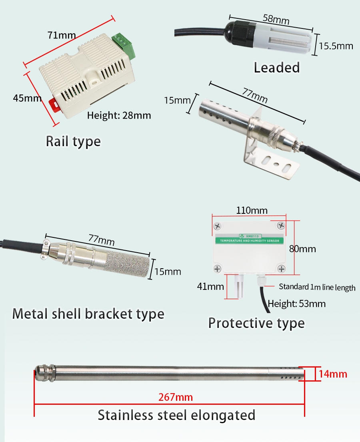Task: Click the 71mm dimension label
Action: [62, 35]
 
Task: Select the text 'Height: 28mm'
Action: [119, 116]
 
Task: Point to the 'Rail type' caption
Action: [73, 141]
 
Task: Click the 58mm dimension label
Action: [276, 18]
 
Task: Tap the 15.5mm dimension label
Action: [336, 46]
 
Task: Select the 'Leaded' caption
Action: [277, 68]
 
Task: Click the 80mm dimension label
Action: [302, 249]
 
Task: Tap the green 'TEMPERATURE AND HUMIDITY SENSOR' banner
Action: [249, 240]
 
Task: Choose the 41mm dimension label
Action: [210, 286]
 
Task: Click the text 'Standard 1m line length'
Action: [317, 287]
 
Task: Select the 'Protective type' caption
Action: [256, 323]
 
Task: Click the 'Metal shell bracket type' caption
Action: [88, 314]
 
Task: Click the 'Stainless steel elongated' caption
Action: [176, 415]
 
